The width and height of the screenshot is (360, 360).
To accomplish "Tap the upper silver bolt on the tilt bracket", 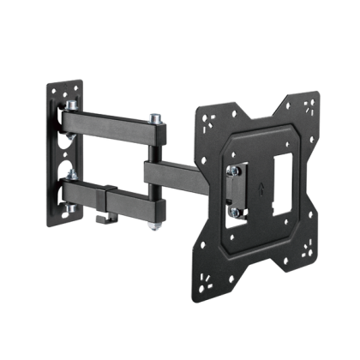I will tap(234, 171).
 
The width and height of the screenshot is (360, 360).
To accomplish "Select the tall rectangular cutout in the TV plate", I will tap(280, 186).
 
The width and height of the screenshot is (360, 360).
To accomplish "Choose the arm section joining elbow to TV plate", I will tap(184, 175).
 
